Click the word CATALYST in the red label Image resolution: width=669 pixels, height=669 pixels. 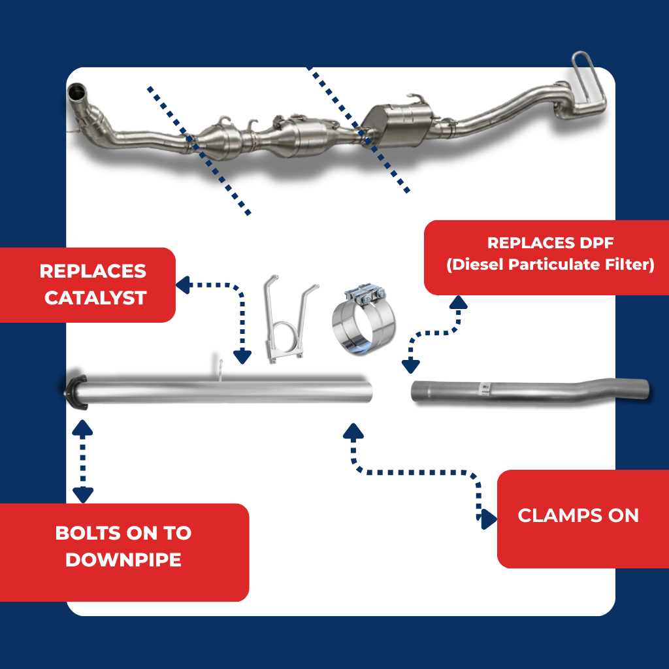95,298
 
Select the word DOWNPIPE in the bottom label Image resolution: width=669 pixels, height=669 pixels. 123,560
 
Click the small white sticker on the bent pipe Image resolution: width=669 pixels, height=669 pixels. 485,387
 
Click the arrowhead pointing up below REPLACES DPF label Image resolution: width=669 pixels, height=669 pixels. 458,302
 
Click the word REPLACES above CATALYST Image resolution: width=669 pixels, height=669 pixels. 93,271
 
